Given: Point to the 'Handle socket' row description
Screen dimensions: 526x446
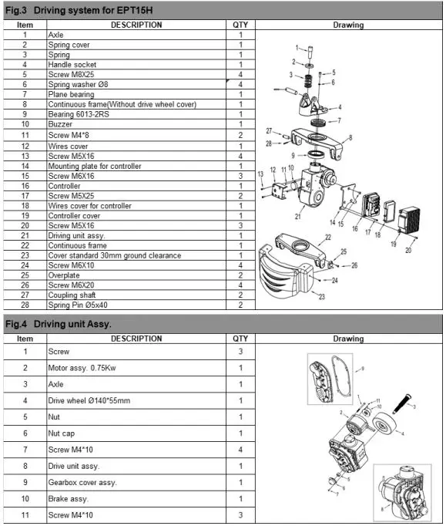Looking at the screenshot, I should click(x=72, y=65).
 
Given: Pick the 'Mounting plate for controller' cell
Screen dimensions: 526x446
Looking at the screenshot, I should click(x=95, y=166).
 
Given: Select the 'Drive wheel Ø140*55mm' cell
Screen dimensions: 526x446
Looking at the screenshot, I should click(x=89, y=400).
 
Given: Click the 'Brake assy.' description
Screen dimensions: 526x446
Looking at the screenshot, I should click(x=67, y=499).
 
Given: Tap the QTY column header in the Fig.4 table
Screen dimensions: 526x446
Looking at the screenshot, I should click(x=240, y=338).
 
